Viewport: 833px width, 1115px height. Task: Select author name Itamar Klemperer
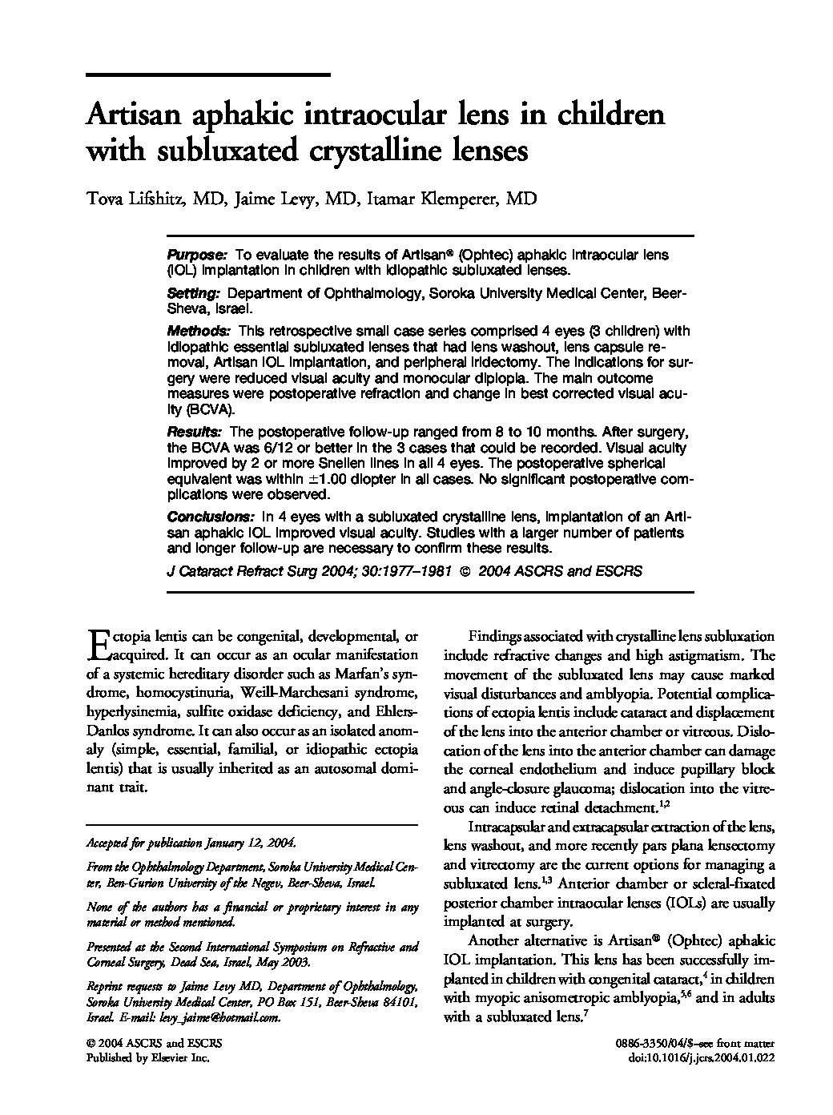(x=451, y=199)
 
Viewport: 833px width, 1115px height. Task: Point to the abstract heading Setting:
(x=193, y=294)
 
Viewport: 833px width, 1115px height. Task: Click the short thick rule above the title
(x=207, y=75)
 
